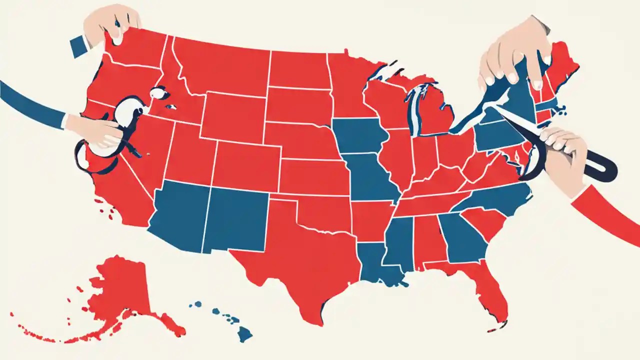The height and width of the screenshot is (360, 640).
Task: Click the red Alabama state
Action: click(x=427, y=240)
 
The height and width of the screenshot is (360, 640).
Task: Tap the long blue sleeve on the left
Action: click(x=30, y=102)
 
